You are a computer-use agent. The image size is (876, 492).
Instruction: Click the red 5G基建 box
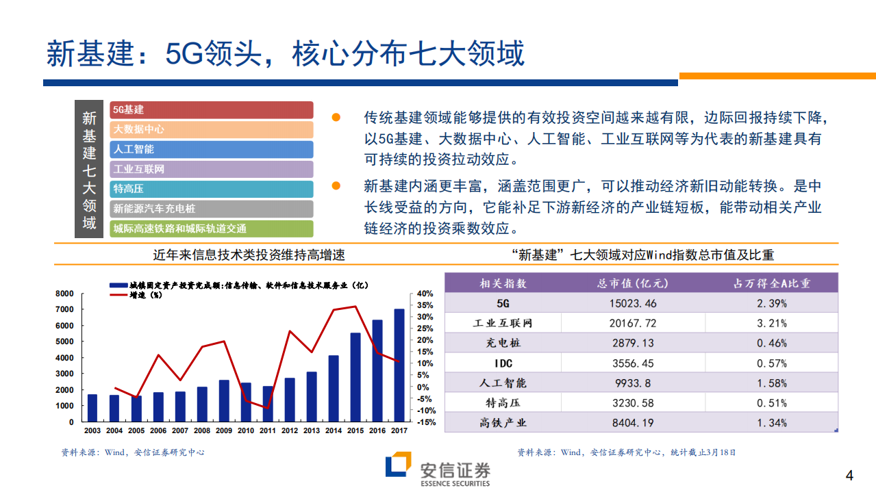(211, 109)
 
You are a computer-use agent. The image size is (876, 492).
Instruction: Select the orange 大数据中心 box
(211, 129)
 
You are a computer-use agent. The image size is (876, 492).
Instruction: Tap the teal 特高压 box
(211, 189)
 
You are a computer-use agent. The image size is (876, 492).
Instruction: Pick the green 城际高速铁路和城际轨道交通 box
(211, 229)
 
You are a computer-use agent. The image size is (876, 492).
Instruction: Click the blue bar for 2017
(399, 365)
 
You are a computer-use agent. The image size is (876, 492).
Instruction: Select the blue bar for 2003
(92, 408)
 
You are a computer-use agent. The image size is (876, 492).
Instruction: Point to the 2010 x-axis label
(246, 430)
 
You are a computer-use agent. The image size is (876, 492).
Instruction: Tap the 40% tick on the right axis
(425, 293)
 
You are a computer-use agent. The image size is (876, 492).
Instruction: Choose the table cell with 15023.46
(628, 303)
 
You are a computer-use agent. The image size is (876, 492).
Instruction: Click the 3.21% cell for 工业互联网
(772, 323)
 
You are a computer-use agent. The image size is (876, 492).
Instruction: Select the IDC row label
(503, 363)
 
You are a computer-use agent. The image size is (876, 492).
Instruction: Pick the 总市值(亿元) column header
(628, 283)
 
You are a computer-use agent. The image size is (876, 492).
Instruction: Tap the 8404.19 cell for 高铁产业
(628, 423)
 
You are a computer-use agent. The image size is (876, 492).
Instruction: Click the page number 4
(850, 476)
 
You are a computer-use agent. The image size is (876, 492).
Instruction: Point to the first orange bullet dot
(336, 118)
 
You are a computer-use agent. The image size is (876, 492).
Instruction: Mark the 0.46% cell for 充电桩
(772, 343)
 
